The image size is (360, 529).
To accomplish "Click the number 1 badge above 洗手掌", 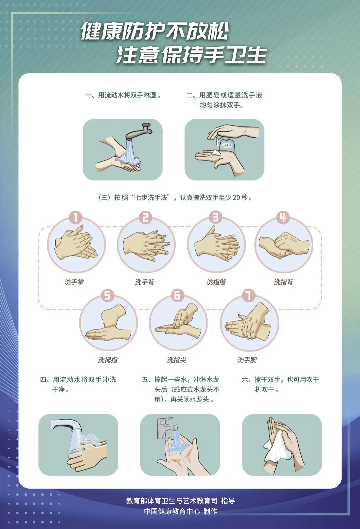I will (76, 217).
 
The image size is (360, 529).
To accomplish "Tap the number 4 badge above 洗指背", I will (283, 217).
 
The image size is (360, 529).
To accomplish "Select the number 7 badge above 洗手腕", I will (248, 295).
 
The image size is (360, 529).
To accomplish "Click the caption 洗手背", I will (145, 282).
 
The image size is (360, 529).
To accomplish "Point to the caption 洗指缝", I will (216, 282).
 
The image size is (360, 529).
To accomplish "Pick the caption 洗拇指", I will (108, 360).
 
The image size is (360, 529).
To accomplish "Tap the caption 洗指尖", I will (177, 360).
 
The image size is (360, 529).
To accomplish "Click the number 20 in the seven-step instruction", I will (236, 197).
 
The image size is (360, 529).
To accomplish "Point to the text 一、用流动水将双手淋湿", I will (123, 95).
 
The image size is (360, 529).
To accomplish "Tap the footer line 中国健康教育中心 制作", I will (180, 511).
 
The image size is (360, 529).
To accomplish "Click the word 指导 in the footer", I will (228, 501).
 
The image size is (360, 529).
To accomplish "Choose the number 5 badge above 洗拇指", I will (107, 295).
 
